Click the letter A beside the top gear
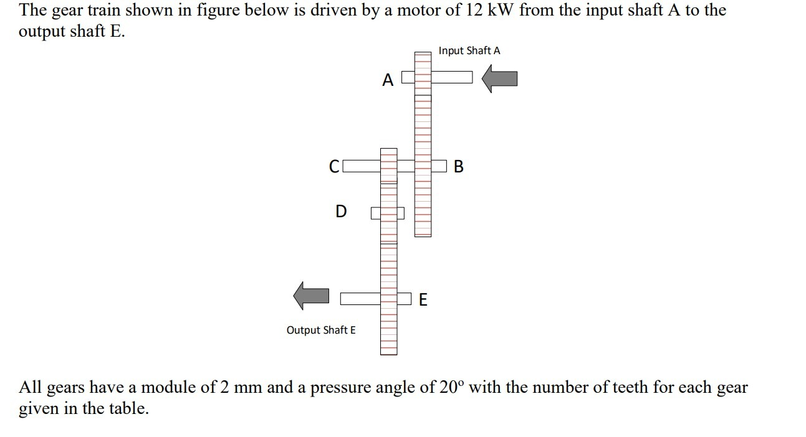tap(388, 80)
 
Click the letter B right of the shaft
tap(459, 167)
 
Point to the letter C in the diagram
tap(334, 167)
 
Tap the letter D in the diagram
tap(340, 212)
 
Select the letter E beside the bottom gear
tap(423, 300)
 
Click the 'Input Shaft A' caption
tap(469, 50)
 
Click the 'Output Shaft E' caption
tap(321, 330)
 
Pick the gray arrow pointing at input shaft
tap(501, 79)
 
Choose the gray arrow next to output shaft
tap(311, 295)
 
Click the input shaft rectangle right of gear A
tap(451, 77)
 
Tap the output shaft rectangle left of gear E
tap(360, 299)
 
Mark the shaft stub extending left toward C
tap(361, 166)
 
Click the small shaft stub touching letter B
tap(439, 166)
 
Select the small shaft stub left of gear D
tap(376, 214)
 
